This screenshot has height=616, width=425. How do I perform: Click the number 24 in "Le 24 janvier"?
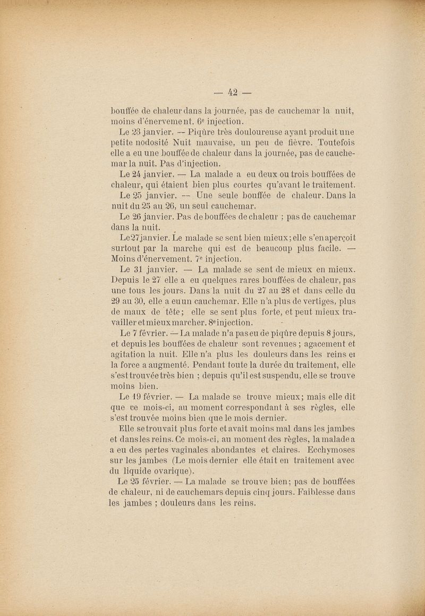(140, 173)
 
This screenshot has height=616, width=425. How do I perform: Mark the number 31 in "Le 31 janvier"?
(140, 270)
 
